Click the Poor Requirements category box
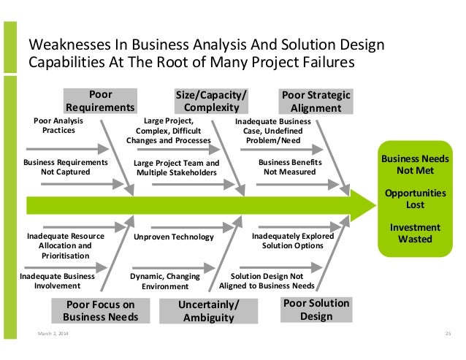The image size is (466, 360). (x=100, y=101)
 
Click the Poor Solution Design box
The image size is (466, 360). (x=316, y=310)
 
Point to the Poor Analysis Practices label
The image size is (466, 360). (x=59, y=126)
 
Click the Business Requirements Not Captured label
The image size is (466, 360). (x=66, y=166)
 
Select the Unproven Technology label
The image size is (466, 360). (x=174, y=237)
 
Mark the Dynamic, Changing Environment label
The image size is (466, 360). (x=165, y=281)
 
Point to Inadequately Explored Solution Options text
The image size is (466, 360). (x=293, y=241)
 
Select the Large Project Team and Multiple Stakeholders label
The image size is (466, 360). (x=177, y=167)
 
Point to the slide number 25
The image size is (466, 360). (x=448, y=334)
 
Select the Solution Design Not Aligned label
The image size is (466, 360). (x=272, y=281)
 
